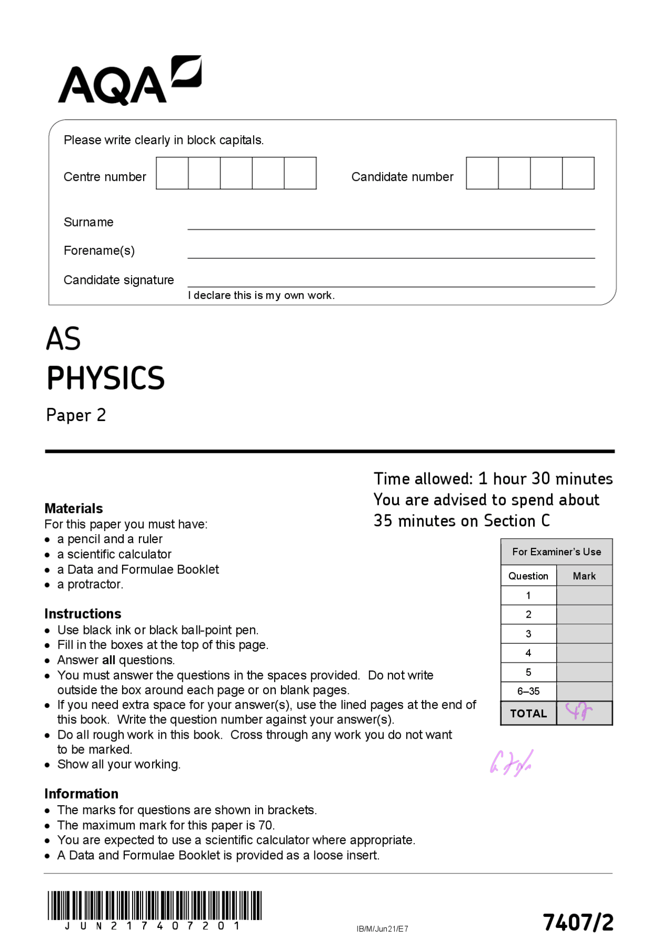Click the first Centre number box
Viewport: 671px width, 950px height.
172,173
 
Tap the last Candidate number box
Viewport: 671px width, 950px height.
578,173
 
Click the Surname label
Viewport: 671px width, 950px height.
88,222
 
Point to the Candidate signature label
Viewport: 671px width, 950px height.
118,280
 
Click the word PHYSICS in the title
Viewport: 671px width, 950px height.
105,378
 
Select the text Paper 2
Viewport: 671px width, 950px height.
76,415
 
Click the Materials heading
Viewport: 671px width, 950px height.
73,509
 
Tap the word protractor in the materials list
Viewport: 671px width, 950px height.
95,585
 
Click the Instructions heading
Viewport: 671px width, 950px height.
82,614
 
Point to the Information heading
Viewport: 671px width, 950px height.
81,794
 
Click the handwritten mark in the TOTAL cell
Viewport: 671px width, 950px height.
579,712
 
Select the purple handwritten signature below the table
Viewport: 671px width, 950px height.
511,763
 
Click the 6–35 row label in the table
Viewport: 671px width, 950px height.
528,692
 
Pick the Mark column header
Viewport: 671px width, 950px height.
584,576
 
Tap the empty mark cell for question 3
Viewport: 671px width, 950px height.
584,634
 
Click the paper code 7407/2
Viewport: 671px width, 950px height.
578,922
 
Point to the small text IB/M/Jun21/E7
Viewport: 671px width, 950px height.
382,929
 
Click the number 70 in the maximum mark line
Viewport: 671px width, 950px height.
265,825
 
